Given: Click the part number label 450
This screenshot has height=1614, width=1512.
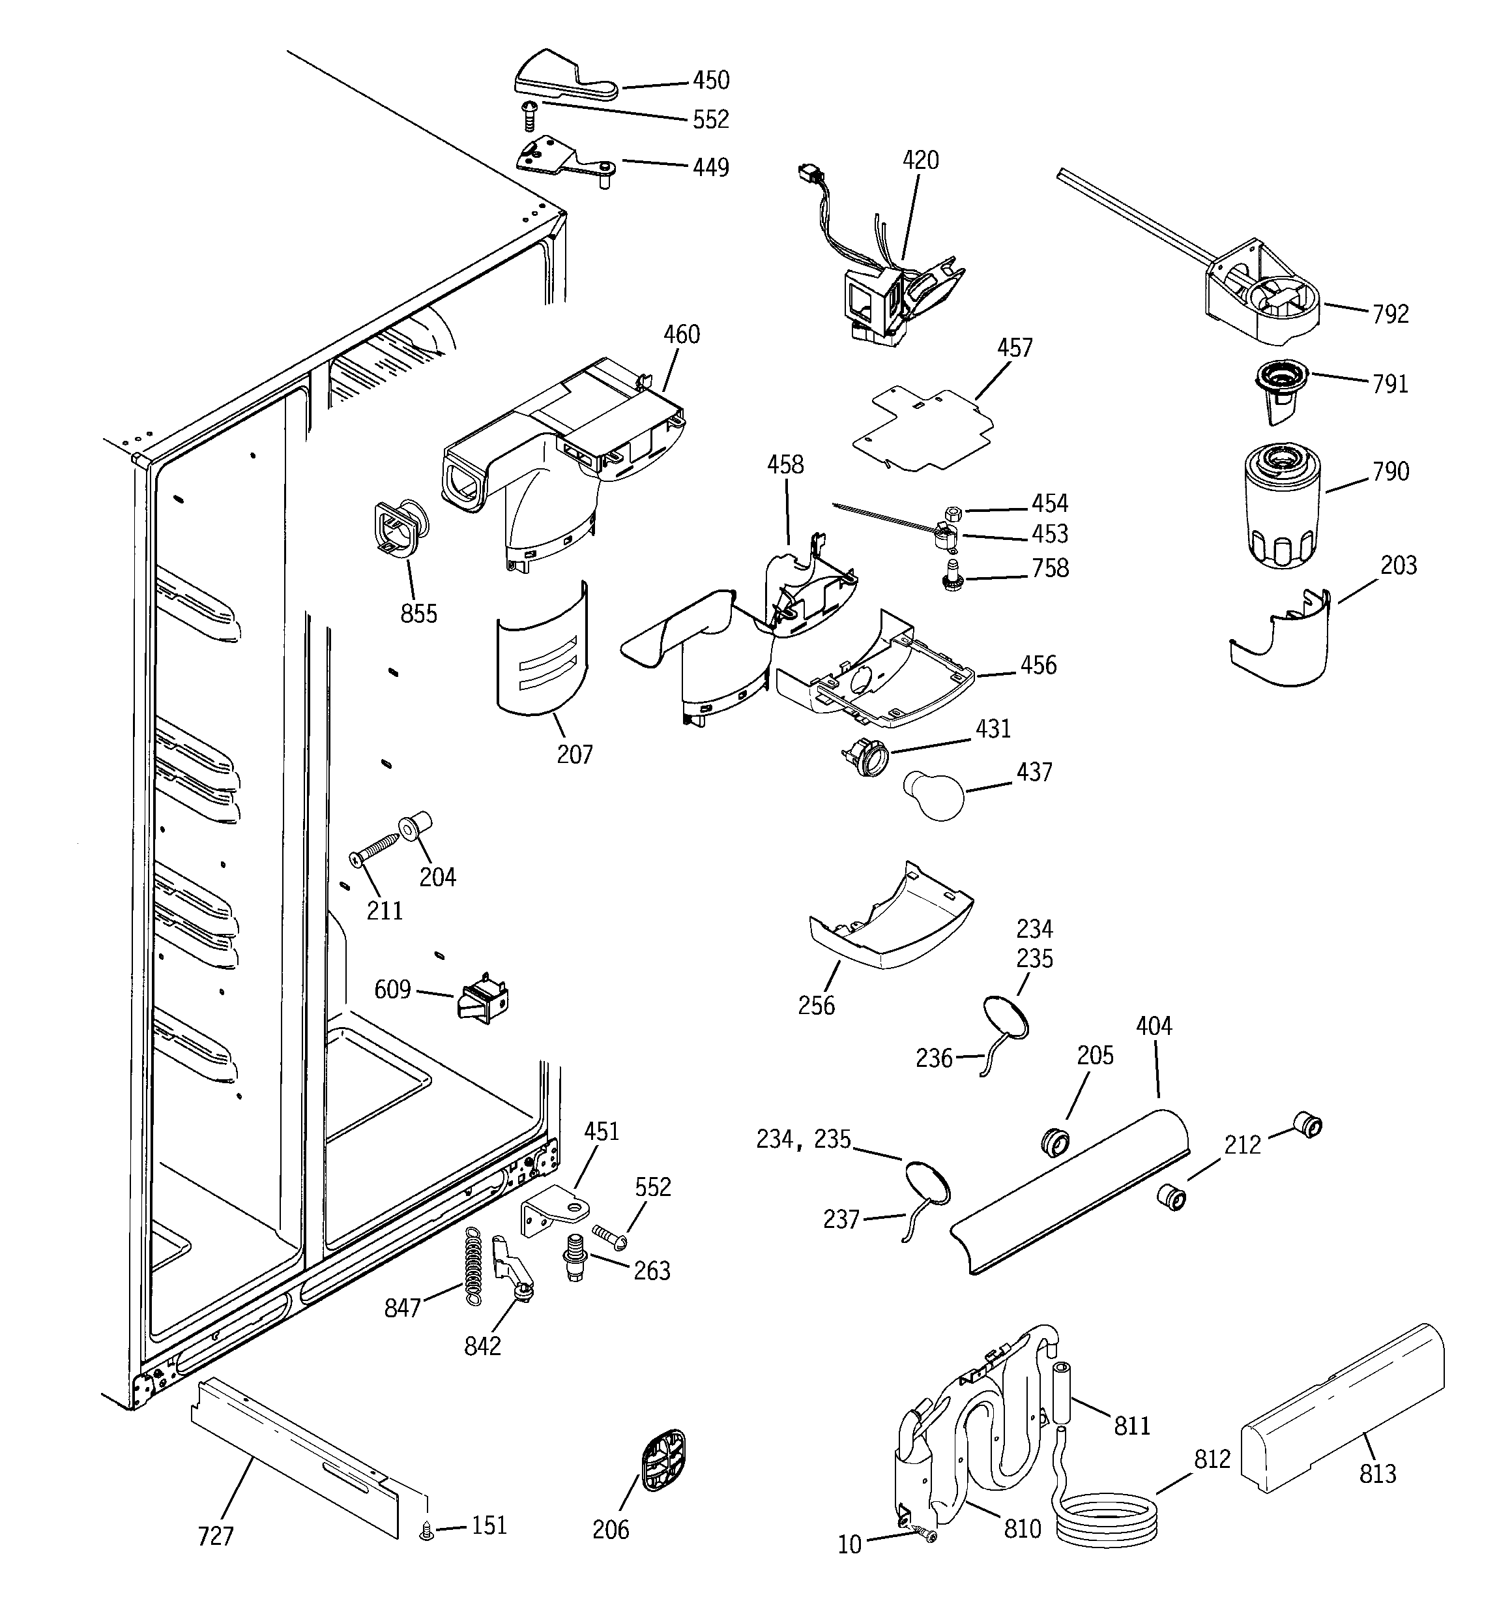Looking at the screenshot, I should coord(710,80).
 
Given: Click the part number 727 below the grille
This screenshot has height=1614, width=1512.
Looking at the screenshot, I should coord(215,1536).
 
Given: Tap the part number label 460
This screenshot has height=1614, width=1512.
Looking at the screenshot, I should coord(681,335).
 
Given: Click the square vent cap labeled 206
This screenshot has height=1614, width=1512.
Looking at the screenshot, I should coord(663,1461).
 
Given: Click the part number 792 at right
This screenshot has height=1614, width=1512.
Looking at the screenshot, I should coord(1390,314).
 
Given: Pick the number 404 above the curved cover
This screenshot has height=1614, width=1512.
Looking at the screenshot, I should coord(1154,1026).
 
